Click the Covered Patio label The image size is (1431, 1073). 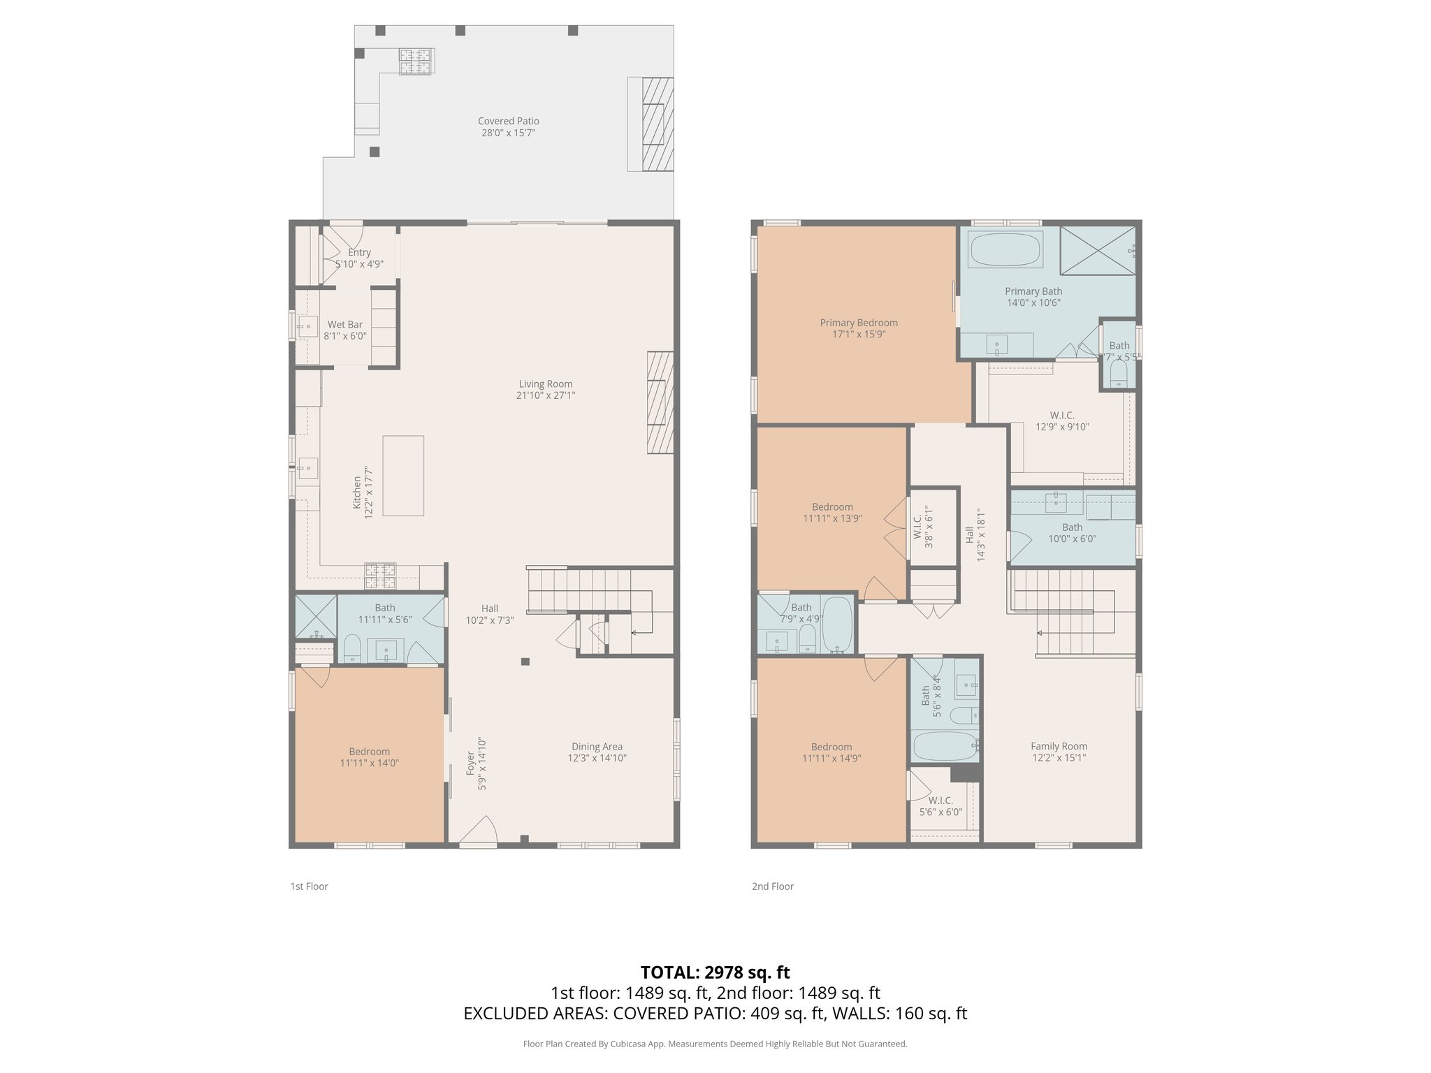[508, 121]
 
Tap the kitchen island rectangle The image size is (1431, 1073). [403, 476]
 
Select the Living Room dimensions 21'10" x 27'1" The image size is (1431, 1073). [545, 395]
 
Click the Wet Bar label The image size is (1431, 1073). [345, 324]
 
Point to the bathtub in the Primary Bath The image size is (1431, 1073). [1005, 249]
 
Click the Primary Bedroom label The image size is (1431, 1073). [858, 323]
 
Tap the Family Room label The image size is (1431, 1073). [1059, 746]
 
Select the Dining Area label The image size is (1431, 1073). [596, 747]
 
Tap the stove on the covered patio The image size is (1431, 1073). [416, 61]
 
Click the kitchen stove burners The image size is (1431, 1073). [380, 576]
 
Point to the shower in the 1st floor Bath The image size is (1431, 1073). [316, 615]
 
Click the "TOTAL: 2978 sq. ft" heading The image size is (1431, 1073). [715, 972]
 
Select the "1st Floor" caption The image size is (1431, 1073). [309, 886]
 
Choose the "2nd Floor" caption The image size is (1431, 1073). [772, 886]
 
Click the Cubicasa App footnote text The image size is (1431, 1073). [715, 1044]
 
